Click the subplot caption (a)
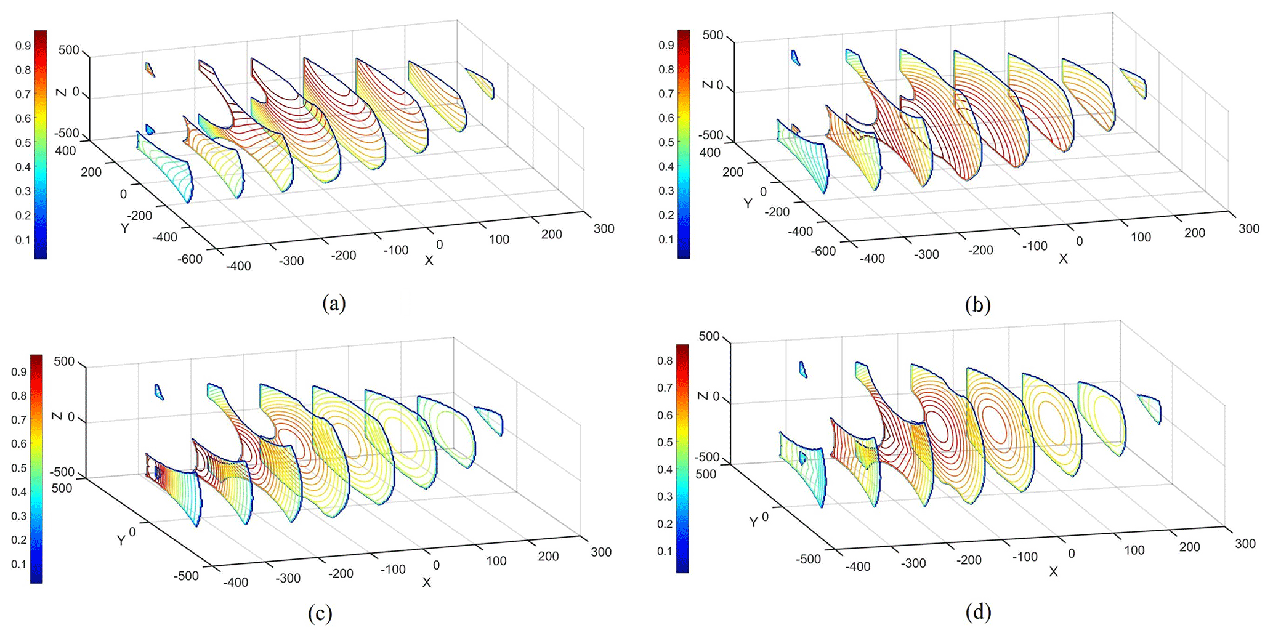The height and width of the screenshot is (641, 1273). tap(334, 304)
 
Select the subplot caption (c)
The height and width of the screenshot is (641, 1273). tap(320, 613)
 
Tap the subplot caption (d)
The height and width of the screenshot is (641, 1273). tap(979, 612)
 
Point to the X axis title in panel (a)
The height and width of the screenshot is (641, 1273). tap(429, 261)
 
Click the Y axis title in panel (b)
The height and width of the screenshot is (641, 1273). tap(748, 203)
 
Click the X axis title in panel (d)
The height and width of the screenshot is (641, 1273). tap(1053, 572)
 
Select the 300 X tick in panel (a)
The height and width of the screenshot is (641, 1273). tap(604, 228)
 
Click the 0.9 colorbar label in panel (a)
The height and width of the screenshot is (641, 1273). tap(23, 46)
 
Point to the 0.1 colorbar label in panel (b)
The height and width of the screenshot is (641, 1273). tap(666, 239)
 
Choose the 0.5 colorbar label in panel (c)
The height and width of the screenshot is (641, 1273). tap(19, 467)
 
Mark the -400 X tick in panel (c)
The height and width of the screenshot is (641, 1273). tap(235, 583)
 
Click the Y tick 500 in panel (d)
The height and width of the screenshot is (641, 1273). tap(706, 474)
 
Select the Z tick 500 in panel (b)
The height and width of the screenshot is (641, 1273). tap(713, 35)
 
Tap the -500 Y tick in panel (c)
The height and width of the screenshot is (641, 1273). tap(186, 576)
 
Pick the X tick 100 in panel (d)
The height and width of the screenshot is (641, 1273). tap(1134, 550)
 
